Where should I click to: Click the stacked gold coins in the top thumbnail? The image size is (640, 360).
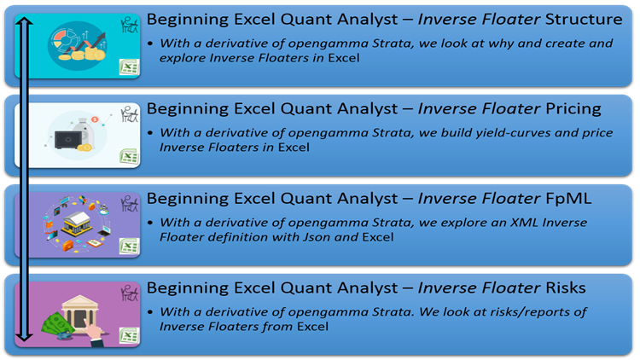pyautogui.click(x=90, y=53)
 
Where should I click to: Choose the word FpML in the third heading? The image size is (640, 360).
pyautogui.click(x=577, y=198)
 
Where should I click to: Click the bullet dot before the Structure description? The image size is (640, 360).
pyautogui.click(x=151, y=43)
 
